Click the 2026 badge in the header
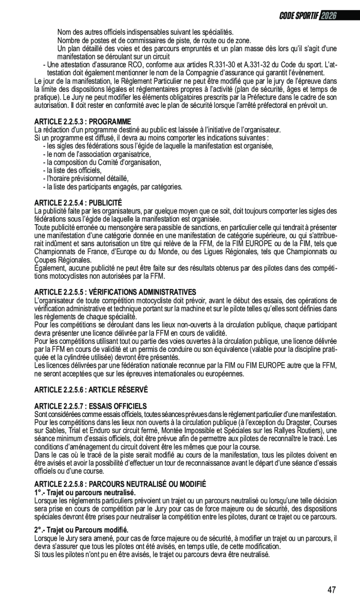coord(328,16)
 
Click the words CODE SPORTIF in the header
coord(299,16)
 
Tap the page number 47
coord(332,590)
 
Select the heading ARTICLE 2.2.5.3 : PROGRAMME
coord(83,122)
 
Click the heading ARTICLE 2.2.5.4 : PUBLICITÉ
coord(78,203)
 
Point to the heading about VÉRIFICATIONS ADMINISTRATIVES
coord(112,292)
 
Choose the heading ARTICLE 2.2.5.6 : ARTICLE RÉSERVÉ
coord(91,389)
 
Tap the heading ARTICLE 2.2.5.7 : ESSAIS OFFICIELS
coord(90,406)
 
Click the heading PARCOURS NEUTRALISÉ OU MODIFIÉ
coord(120,484)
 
